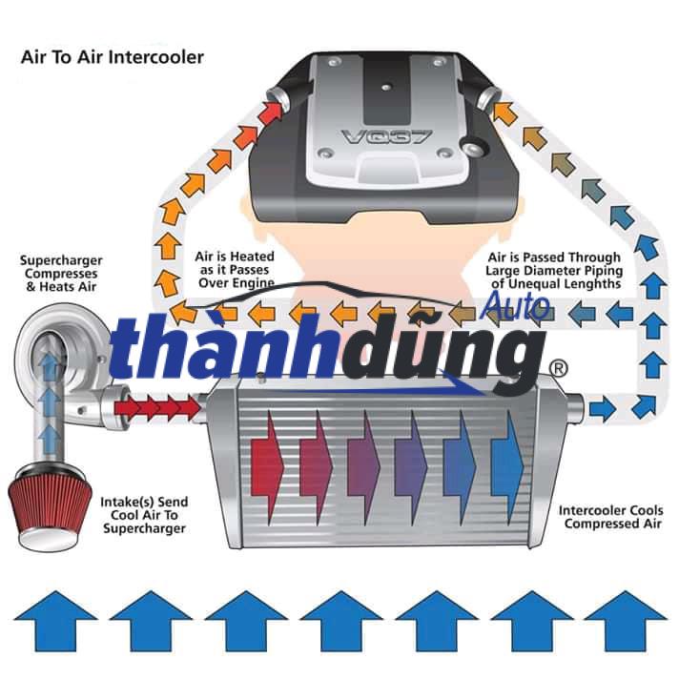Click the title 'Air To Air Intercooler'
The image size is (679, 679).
pyautogui.click(x=113, y=57)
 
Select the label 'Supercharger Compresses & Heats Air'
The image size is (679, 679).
pyautogui.click(x=62, y=273)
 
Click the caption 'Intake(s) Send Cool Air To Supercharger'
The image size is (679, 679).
pyautogui.click(x=144, y=515)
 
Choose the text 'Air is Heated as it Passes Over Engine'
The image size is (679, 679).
pyautogui.click(x=235, y=270)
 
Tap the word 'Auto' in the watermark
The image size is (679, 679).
pyautogui.click(x=515, y=305)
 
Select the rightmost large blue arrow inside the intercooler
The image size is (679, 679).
pyautogui.click(x=505, y=451)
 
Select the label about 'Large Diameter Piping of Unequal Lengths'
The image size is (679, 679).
pyautogui.click(x=554, y=270)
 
